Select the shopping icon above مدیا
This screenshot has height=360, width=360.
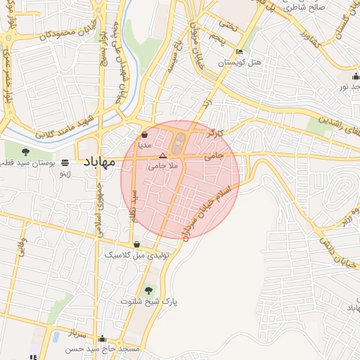tap(144, 133)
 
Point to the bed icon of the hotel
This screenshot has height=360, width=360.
tap(240, 52)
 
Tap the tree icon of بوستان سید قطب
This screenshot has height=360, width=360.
tap(26, 151)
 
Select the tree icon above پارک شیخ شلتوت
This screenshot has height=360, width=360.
tap(148, 290)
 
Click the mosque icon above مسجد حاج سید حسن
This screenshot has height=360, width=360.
tap(103, 338)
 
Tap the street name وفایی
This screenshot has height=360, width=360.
tap(21, 246)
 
